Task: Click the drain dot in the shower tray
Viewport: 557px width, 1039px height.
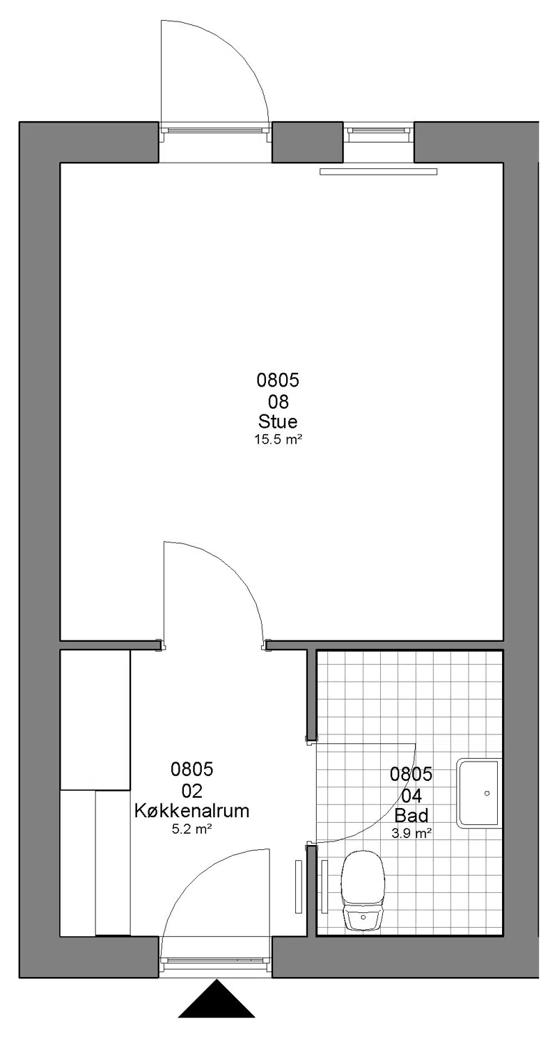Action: tap(487, 794)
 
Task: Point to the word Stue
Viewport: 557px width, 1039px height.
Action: tap(278, 421)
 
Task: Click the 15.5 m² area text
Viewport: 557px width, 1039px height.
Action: tap(278, 440)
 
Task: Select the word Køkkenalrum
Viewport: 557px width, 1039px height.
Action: tap(192, 811)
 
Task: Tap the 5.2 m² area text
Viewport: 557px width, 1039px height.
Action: tap(192, 829)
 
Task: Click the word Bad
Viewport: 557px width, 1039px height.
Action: tap(411, 816)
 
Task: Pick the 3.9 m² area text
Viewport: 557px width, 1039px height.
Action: tap(411, 834)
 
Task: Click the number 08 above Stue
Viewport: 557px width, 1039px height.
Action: tap(278, 401)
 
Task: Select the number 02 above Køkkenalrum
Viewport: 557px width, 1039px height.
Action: tap(192, 791)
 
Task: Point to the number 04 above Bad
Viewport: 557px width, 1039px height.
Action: tap(411, 796)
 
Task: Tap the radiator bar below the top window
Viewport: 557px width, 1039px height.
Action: tap(378, 172)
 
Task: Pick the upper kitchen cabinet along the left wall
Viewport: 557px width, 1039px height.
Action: tap(95, 720)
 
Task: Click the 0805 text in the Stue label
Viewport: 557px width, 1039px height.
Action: tap(278, 380)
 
